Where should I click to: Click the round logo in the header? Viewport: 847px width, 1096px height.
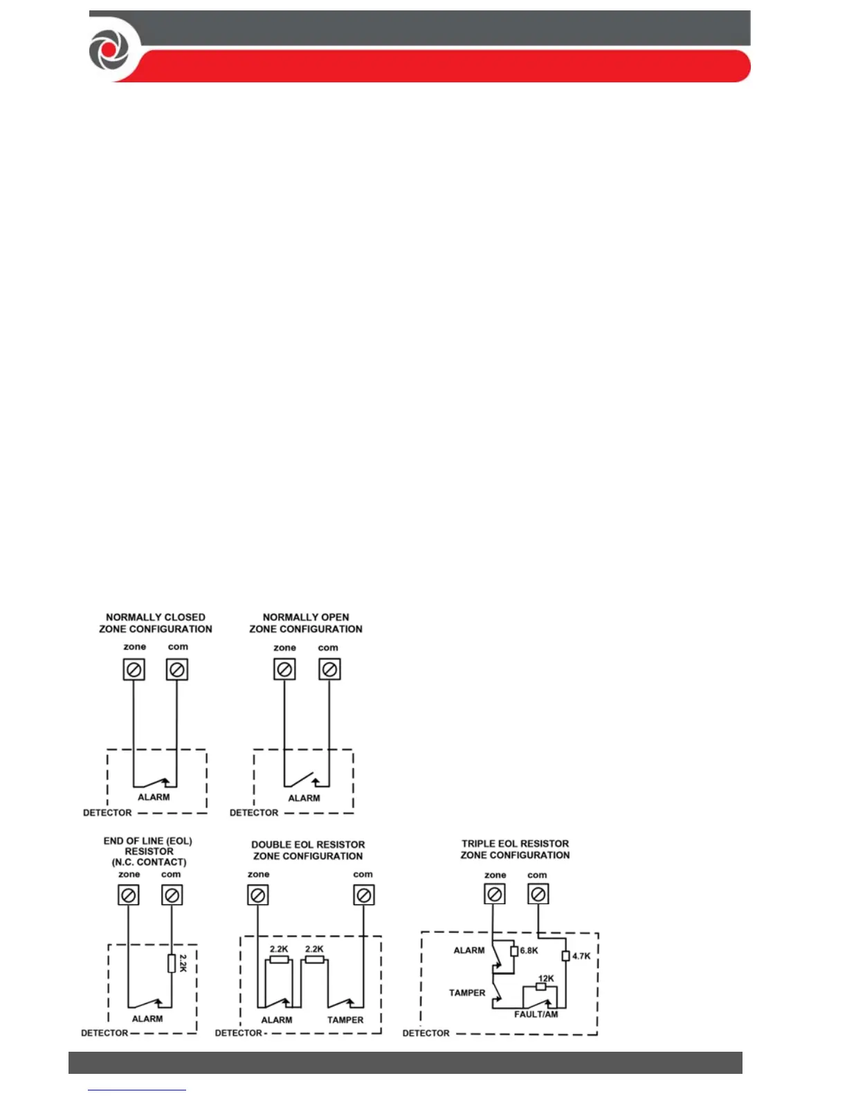(x=109, y=51)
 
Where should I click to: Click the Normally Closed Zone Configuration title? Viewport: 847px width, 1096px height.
(x=156, y=623)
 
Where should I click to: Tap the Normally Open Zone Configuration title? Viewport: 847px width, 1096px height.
(x=306, y=623)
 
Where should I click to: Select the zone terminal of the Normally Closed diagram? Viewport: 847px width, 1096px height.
(x=134, y=669)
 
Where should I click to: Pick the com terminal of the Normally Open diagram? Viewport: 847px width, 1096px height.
(x=329, y=669)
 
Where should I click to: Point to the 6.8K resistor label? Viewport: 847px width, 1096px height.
(x=529, y=951)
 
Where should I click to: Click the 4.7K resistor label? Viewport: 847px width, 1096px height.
(x=581, y=956)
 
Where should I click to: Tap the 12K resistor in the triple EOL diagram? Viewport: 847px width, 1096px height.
(x=541, y=986)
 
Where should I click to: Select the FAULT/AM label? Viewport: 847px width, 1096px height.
(x=536, y=1014)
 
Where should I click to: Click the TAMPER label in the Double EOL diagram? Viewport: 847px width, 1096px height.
(x=345, y=1020)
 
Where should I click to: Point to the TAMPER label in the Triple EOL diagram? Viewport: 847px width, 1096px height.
(x=467, y=993)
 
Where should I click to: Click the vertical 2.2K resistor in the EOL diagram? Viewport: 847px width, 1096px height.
(x=172, y=963)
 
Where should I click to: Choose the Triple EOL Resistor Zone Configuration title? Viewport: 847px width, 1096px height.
(x=516, y=849)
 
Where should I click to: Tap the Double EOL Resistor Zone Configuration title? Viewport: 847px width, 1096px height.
(x=308, y=850)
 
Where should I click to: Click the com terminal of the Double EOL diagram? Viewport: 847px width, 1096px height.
(x=363, y=895)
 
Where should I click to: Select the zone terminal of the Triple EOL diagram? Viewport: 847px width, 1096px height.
(x=494, y=894)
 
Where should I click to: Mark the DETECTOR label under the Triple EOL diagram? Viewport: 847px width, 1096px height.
(x=426, y=1033)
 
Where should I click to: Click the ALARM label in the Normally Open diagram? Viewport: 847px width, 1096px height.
(x=304, y=798)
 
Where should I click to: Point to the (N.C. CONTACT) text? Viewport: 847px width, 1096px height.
(x=149, y=862)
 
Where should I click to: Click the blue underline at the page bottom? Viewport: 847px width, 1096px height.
(x=137, y=1090)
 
